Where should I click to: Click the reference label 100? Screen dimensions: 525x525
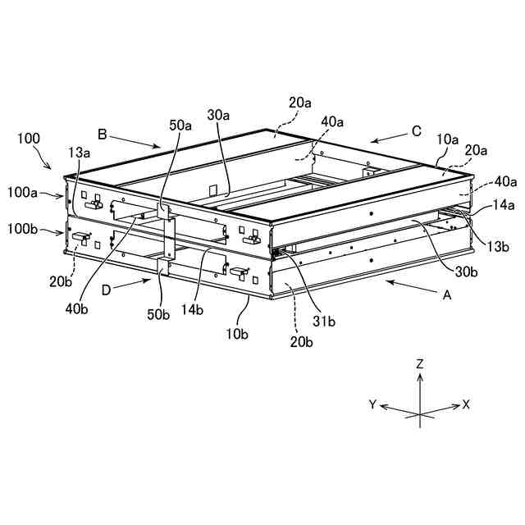pos(28,139)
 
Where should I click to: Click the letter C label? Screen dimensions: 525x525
pos(416,130)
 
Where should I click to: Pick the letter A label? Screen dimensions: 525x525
pos(446,297)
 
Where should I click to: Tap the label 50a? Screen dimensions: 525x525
pos(180,126)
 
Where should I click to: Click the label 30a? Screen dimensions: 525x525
pos(218,116)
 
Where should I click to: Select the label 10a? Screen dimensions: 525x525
pos(447,139)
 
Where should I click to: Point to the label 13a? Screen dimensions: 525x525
pos(80,153)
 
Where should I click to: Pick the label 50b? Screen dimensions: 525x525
pos(158,313)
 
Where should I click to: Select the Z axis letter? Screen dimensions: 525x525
pos(419,363)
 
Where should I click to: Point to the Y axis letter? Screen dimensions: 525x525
pos(372,404)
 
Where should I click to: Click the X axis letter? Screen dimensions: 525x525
pos(466,404)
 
